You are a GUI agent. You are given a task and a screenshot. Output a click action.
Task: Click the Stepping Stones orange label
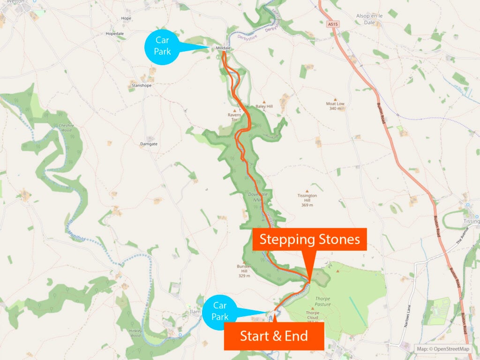pos(309,240)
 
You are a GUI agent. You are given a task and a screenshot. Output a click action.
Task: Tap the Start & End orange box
pos(274,336)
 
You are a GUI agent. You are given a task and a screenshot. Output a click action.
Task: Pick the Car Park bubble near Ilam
pos(220,311)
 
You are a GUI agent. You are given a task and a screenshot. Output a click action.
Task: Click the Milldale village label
pos(222,48)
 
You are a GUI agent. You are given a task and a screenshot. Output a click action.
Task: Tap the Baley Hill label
pos(264,106)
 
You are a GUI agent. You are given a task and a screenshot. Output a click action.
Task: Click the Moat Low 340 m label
pos(335,106)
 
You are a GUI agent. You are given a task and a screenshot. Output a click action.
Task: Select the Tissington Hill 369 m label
pos(307,200)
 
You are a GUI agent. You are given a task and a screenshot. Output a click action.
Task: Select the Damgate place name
pos(149,144)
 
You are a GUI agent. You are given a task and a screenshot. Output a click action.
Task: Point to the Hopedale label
pos(115,34)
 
